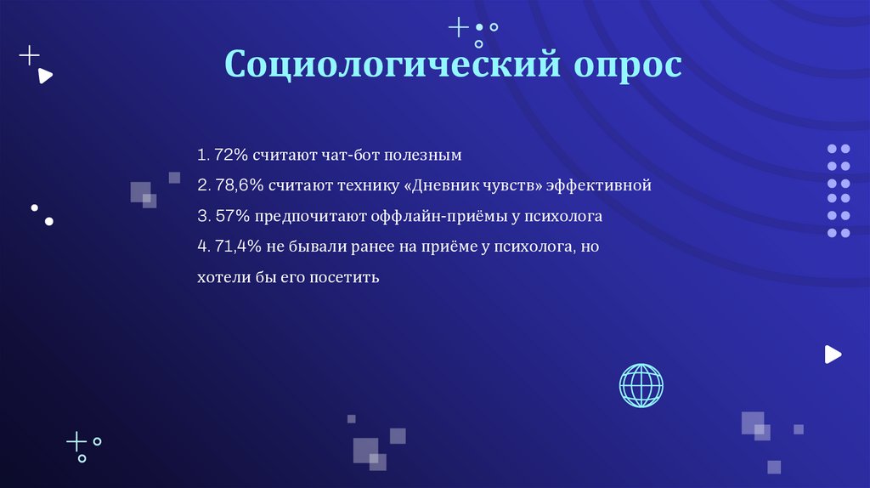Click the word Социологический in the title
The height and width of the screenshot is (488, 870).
[x=392, y=65]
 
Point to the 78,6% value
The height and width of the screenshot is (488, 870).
[x=237, y=185]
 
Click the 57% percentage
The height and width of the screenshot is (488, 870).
[x=231, y=216]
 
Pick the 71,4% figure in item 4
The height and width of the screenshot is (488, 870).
[x=235, y=247]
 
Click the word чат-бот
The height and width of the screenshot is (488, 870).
[x=351, y=156]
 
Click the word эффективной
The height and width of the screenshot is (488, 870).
[x=599, y=185]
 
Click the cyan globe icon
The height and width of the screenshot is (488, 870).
[x=641, y=385]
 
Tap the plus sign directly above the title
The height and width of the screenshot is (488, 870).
[x=458, y=27]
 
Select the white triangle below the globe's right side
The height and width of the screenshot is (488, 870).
[x=833, y=355]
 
